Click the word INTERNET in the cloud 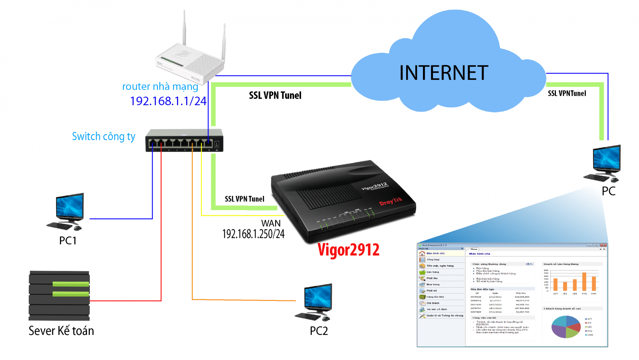443,73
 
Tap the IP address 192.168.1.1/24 168,101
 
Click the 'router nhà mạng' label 160,86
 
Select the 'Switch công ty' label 103,136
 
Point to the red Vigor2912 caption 348,250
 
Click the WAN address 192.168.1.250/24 253,234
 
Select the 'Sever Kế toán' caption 61,331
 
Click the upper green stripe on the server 71,284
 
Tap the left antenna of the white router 185,28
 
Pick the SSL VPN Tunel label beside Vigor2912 244,199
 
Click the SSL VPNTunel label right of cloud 567,93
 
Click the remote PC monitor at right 607,158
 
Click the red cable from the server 161,240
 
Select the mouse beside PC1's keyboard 77,229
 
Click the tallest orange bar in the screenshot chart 584,281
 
